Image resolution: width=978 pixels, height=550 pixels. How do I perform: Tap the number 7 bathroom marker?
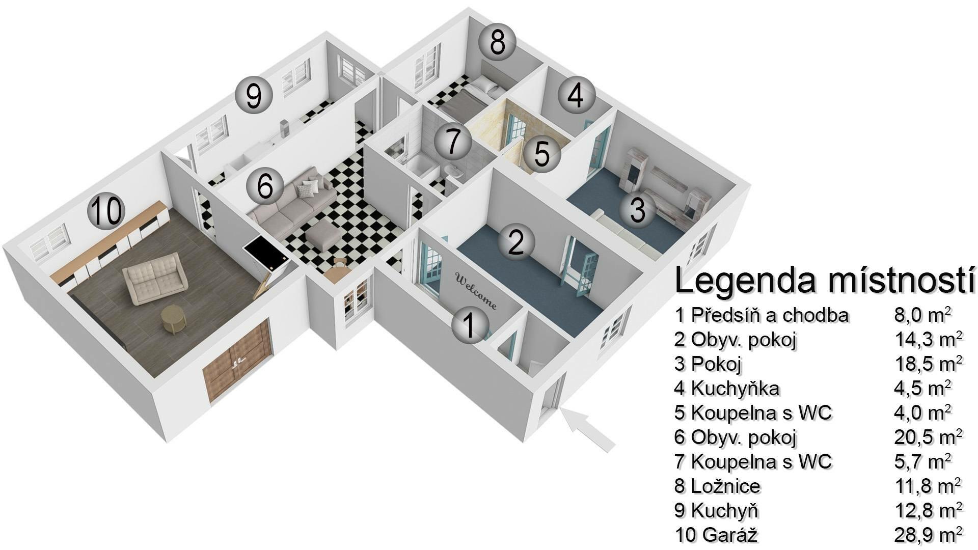452,141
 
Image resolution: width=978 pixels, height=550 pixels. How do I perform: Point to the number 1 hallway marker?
470,324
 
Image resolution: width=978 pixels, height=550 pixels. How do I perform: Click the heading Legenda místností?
824,281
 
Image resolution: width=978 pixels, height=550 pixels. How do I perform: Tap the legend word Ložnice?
725,486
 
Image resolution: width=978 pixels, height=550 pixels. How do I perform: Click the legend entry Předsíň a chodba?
770,315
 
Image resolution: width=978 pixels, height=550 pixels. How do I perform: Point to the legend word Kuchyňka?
735,389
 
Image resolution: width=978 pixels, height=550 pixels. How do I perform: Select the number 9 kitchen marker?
254,95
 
